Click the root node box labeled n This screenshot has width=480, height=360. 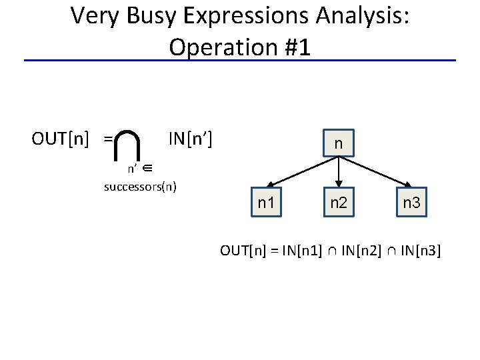[339, 143]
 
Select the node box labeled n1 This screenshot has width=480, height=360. [266, 202]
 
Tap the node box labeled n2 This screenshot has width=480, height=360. [339, 202]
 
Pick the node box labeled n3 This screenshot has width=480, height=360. [411, 202]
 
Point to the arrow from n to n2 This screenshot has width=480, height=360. [339, 172]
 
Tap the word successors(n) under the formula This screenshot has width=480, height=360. [140, 186]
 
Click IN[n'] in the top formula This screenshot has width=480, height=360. [190, 139]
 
